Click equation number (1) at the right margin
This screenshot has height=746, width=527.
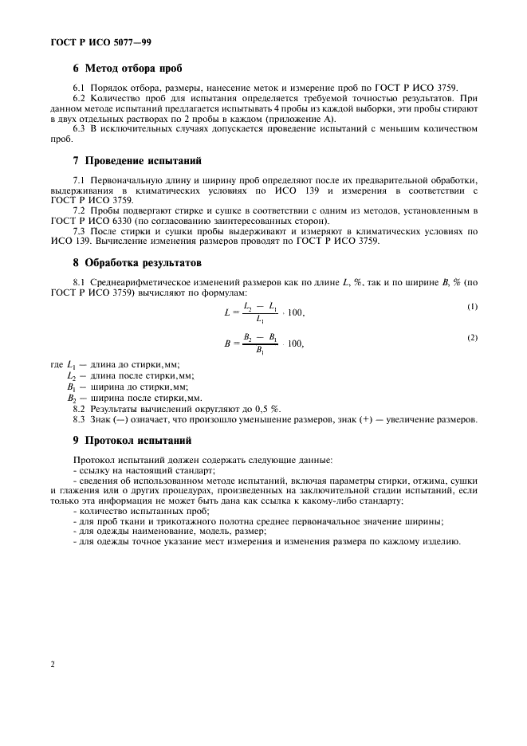coord(473,307)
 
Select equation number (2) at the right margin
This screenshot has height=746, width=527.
coord(473,338)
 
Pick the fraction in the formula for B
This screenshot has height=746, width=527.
coord(261,344)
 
